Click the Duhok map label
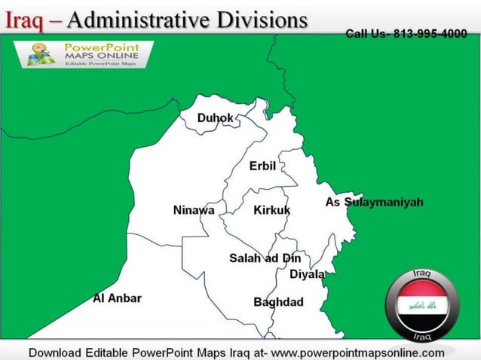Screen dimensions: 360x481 215,118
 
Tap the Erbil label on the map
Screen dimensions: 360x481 262,166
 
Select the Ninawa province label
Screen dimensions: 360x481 194,210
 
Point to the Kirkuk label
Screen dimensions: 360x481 271,210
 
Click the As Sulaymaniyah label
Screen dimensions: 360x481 374,202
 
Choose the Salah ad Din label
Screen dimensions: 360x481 265,258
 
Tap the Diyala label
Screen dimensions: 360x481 308,274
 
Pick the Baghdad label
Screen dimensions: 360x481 278,302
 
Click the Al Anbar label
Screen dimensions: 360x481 117,298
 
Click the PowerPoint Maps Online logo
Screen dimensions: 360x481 83,54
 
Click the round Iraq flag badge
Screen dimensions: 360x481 421,304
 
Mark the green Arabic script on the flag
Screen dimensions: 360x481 421,306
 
